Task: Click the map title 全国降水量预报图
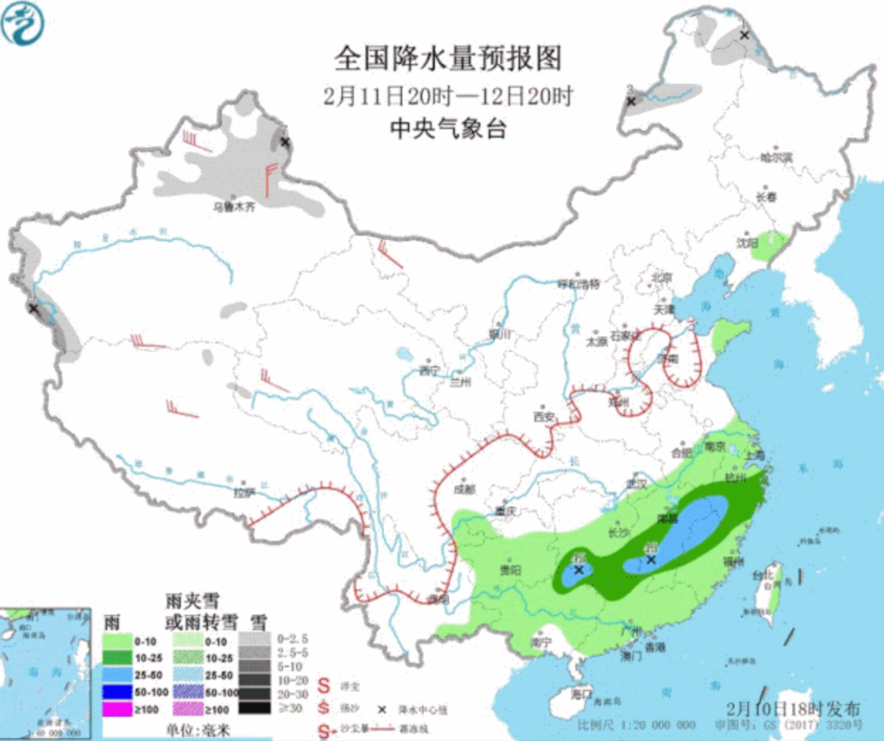[x=448, y=58]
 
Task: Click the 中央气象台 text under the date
[x=448, y=128]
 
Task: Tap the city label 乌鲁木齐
[x=234, y=207]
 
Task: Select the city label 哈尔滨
[x=776, y=157]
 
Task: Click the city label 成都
[x=465, y=489]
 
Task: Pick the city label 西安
[x=544, y=417]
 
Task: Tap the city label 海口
[x=582, y=693]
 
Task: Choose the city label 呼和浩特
[x=578, y=284]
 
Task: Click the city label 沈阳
[x=746, y=243]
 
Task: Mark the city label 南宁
[x=541, y=642]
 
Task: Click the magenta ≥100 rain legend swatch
[x=118, y=709]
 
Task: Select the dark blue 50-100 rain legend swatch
[x=118, y=692]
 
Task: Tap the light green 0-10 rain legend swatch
[x=118, y=641]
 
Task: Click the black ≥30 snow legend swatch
[x=254, y=708]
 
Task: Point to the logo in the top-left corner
[x=23, y=23]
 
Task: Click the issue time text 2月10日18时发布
[x=793, y=708]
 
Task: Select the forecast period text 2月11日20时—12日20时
[x=448, y=96]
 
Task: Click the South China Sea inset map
[x=45, y=671]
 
